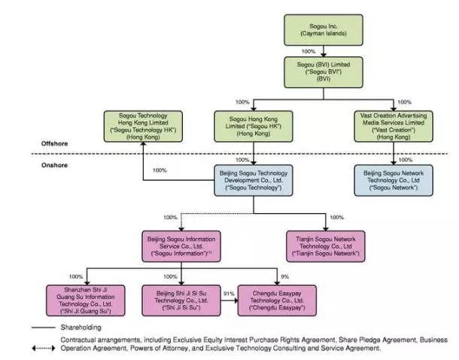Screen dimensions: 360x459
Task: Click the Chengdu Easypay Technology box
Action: click(277, 300)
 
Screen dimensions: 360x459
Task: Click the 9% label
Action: click(284, 276)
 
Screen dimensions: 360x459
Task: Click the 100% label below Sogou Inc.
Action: click(308, 51)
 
